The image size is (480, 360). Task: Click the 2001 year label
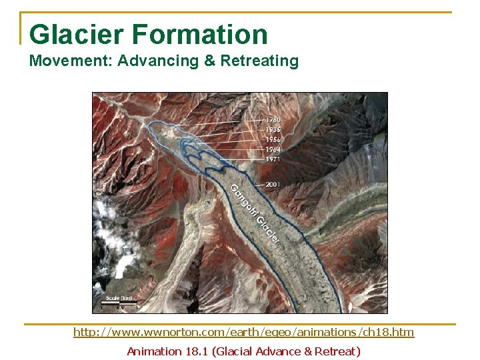pyautogui.click(x=272, y=184)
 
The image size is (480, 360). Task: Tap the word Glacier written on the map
pyautogui.click(x=268, y=229)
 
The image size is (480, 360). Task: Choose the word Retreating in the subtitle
pyautogui.click(x=259, y=61)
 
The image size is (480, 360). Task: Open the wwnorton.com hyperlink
pyautogui.click(x=243, y=332)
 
